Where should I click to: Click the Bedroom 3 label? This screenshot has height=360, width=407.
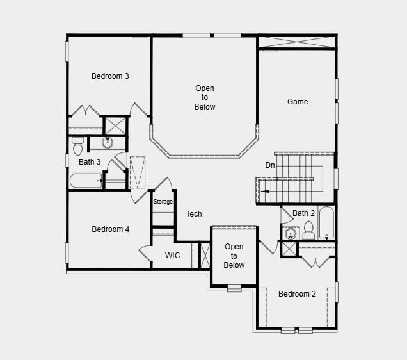(110, 76)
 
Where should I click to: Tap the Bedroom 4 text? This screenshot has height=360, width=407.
(110, 229)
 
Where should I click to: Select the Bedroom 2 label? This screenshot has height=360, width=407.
(297, 294)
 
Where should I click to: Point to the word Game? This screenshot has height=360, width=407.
(298, 102)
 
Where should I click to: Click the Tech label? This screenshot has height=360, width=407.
(194, 214)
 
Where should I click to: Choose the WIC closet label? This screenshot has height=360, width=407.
(173, 256)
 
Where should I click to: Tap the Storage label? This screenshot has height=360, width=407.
(163, 202)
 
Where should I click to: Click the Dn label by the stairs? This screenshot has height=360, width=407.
(270, 165)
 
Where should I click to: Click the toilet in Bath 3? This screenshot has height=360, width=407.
(78, 146)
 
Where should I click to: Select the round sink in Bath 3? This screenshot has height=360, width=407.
(108, 143)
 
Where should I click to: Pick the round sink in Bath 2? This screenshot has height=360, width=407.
(289, 233)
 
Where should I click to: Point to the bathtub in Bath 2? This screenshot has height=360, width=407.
(326, 222)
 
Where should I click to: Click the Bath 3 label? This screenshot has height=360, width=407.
(90, 162)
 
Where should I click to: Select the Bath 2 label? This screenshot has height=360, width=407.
(304, 213)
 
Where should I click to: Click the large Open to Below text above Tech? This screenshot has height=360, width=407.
(205, 97)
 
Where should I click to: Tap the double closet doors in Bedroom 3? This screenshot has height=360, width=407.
(85, 111)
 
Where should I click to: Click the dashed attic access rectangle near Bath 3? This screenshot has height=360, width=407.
(138, 172)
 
